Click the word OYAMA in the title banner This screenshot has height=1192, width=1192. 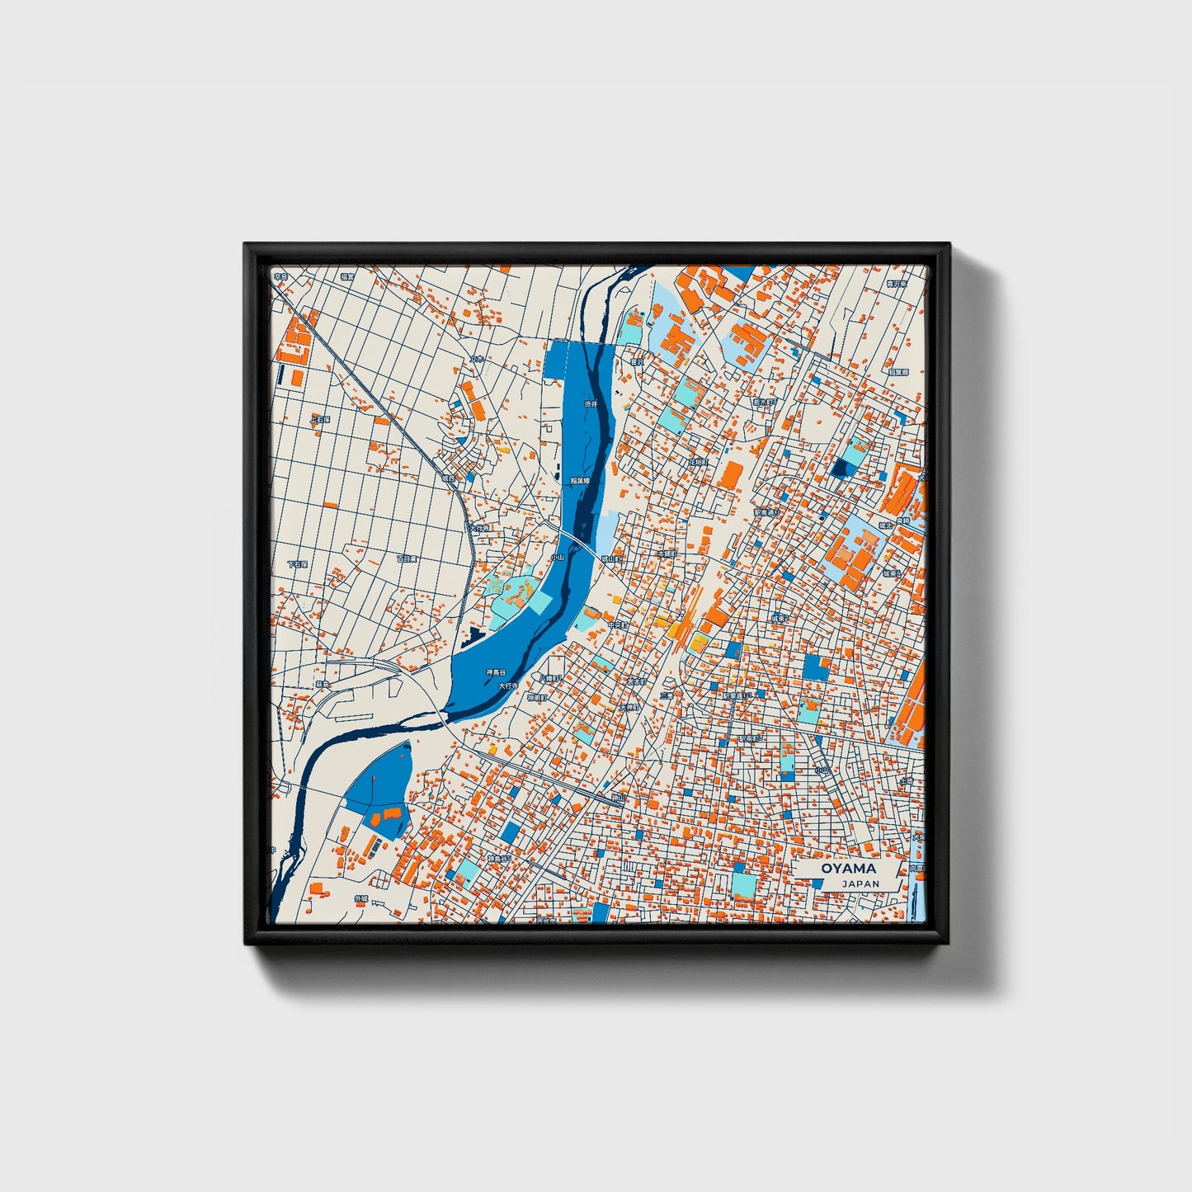848,869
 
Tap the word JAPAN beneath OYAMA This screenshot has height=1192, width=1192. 860,883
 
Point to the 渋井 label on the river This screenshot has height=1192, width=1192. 590,404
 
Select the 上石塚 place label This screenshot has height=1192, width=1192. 320,420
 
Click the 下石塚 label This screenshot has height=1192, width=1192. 297,565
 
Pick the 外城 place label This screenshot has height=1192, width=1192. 360,898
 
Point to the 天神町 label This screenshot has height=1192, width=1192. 629,707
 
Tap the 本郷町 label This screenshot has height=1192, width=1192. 666,554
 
